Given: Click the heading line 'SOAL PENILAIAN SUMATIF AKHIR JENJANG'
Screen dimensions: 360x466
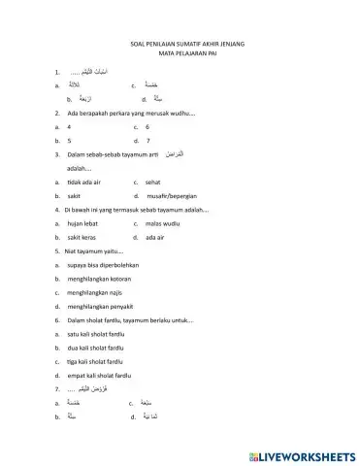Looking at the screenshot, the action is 180,45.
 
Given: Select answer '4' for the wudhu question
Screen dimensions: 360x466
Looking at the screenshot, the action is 71,127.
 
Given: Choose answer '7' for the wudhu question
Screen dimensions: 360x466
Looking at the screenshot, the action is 147,141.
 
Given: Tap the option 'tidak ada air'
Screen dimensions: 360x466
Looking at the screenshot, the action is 86,182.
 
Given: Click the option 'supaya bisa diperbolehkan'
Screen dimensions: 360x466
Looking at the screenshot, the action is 104,264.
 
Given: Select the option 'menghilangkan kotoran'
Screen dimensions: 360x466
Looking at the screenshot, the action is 101,278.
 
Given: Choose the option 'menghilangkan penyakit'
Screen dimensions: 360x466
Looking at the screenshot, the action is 102,305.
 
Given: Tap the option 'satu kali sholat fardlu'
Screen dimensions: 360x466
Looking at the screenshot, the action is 100,333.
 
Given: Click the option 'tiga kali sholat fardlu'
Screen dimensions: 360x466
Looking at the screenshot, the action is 100,360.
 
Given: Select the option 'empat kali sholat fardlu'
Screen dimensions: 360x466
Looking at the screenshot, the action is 103,374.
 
